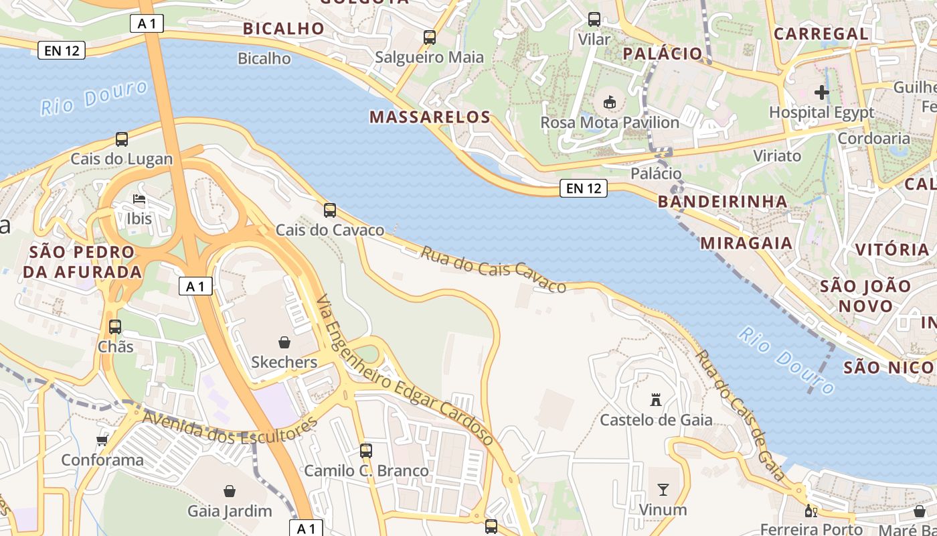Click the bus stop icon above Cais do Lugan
coord(121,139)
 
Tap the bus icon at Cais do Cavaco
coord(330,210)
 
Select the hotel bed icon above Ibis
coord(139,199)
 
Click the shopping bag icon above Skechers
coord(284,342)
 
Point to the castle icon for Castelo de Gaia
coord(656,400)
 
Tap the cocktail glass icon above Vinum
coord(663,490)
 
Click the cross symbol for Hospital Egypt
coord(822,92)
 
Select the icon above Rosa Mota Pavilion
coord(609,103)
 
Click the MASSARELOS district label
coord(430,117)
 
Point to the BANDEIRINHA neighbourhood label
coord(723,202)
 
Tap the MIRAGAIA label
coord(747,243)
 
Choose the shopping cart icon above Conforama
coord(102,440)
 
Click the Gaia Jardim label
coord(230,511)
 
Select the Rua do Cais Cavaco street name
coord(493,270)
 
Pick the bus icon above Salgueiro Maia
coord(430,38)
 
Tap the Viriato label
coord(777,156)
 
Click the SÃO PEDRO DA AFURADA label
coord(82,262)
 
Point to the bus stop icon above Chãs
coord(115,327)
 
